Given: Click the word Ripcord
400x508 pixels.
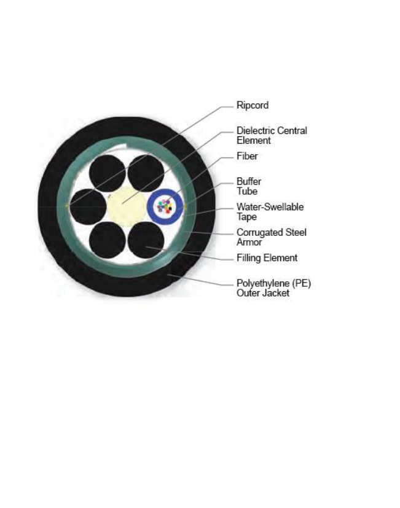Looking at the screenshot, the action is (253, 105).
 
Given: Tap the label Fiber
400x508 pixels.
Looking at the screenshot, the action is (247, 156).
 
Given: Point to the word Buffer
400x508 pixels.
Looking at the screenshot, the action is (249, 181).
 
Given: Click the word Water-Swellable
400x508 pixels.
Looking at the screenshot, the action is (270, 207).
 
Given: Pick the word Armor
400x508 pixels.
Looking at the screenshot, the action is (249, 242).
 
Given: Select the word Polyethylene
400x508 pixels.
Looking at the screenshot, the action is (263, 283).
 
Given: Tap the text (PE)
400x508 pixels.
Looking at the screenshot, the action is (301, 283).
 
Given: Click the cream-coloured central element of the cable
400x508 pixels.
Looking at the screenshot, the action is (126, 206).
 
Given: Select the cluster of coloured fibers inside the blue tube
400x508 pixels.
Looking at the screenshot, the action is (165, 206).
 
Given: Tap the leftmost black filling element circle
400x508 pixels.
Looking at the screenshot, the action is (88, 206).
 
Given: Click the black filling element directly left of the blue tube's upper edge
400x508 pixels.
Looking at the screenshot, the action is (146, 173).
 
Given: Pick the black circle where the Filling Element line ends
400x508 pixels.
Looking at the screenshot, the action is (146, 240).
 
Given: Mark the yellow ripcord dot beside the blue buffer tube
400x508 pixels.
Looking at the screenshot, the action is (185, 206).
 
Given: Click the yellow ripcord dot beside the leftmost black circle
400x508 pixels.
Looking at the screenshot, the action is (67, 206).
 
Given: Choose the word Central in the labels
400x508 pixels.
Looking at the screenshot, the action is (293, 131).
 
